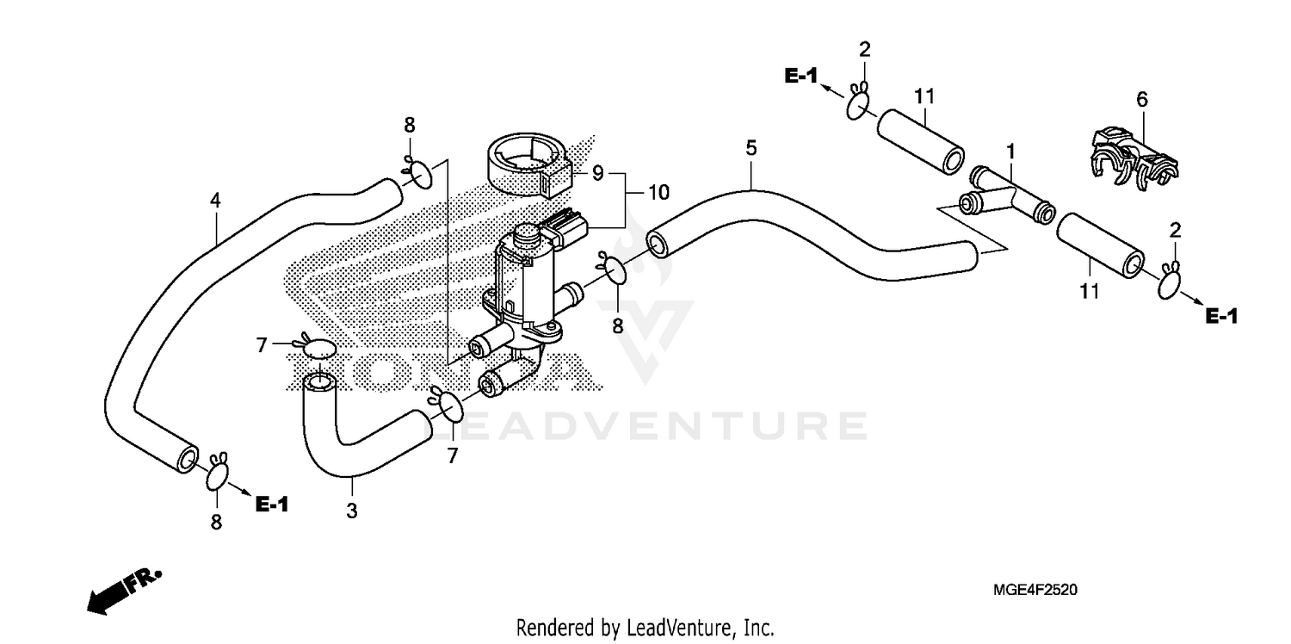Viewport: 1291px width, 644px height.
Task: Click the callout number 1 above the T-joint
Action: [1011, 152]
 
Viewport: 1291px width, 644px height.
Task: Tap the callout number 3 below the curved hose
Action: [351, 511]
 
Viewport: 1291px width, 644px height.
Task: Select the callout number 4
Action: [215, 201]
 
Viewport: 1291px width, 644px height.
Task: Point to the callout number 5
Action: [751, 148]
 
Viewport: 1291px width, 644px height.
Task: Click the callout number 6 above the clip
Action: [1142, 100]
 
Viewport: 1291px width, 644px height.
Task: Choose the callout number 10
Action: [658, 193]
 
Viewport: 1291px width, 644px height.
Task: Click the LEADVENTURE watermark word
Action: [654, 425]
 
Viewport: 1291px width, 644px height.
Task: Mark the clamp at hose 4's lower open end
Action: [218, 471]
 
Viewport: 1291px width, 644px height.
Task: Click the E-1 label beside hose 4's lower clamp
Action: [272, 505]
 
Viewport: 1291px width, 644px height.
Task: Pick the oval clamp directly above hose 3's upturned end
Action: [319, 349]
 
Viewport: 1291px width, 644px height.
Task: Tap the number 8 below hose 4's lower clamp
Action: [216, 521]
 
